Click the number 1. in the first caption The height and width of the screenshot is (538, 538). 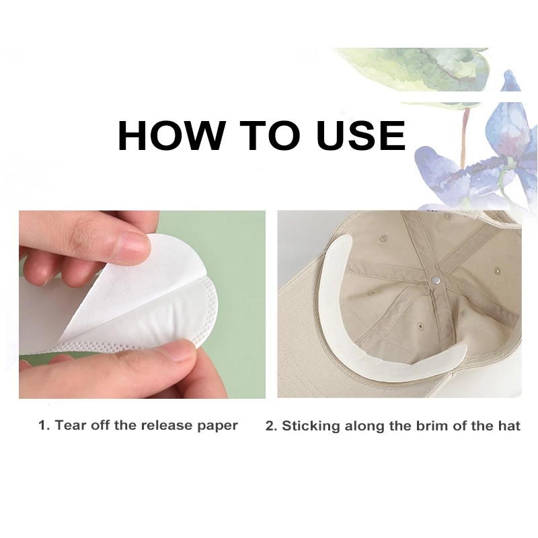click(44, 426)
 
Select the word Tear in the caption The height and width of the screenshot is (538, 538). click(71, 426)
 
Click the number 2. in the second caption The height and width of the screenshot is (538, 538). click(272, 426)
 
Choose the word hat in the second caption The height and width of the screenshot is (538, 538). click(508, 426)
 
